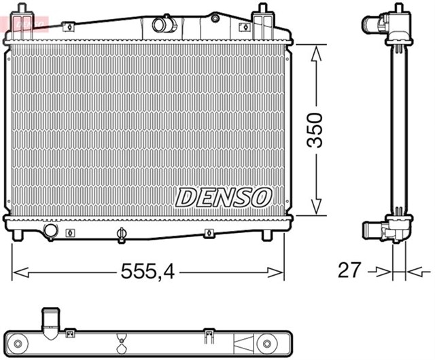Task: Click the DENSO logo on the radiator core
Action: click(224, 197)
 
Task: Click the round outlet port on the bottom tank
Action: click(52, 232)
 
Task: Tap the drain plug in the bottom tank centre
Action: click(122, 235)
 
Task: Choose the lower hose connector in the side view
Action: click(378, 232)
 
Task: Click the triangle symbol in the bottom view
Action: click(241, 339)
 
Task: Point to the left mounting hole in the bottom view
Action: click(70, 334)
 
